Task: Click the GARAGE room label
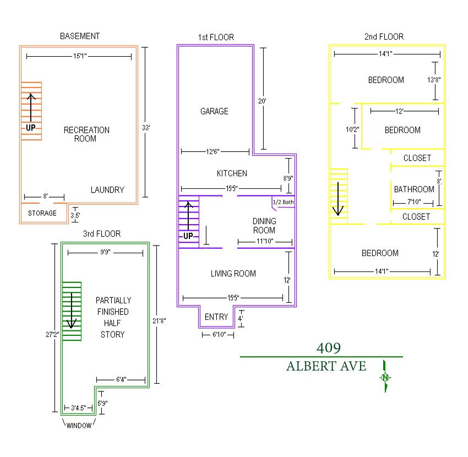click(214, 111)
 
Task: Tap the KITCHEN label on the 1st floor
click(232, 173)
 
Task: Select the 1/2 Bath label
click(283, 203)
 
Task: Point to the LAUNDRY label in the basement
click(107, 190)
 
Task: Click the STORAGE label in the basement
click(42, 213)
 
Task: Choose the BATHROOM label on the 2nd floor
click(413, 189)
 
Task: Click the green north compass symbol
click(385, 377)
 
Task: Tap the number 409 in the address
click(328, 348)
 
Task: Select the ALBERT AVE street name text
click(326, 366)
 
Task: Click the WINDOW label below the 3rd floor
click(80, 425)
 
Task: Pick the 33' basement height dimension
click(146, 128)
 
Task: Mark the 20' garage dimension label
click(262, 101)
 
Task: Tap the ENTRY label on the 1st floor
click(216, 317)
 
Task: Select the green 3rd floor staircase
click(72, 311)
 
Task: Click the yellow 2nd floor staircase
click(339, 195)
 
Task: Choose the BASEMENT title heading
click(80, 36)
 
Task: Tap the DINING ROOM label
click(264, 226)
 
